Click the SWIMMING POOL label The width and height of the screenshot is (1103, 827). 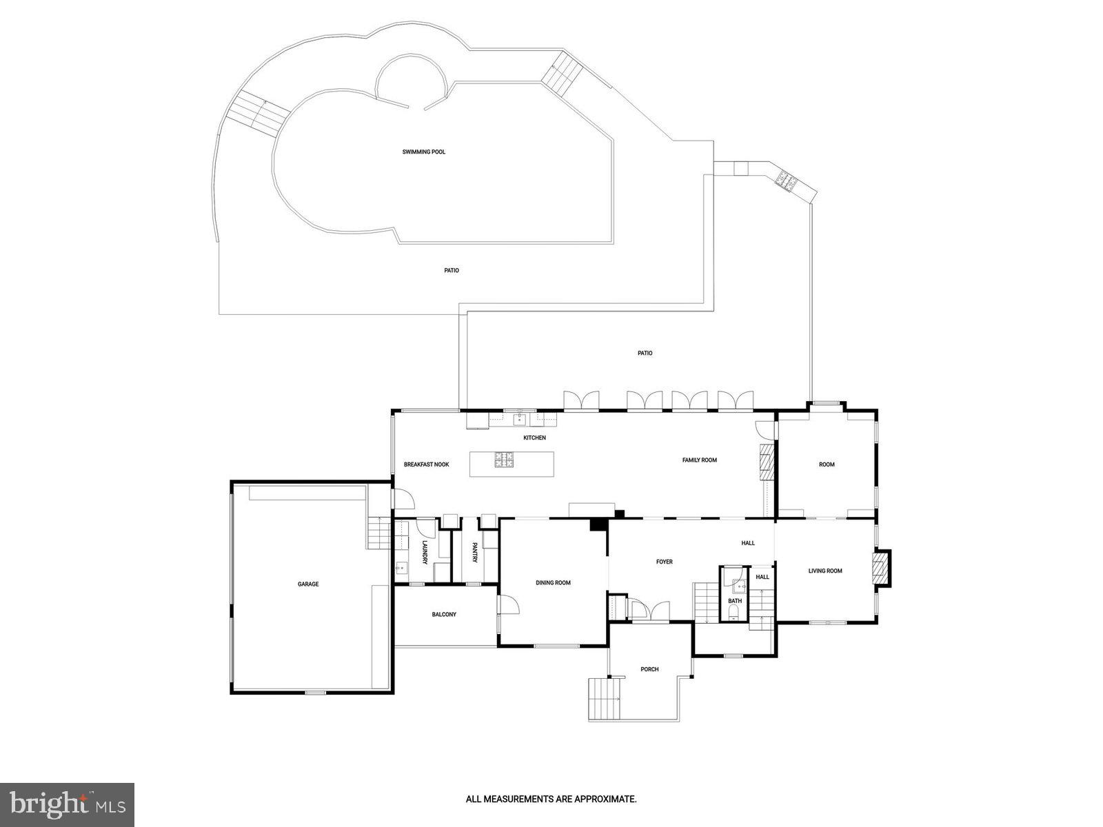coord(424,152)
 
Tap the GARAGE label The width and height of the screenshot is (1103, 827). coord(308,584)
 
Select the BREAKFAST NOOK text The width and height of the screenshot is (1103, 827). coord(426,464)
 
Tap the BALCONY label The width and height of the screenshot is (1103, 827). coord(444,615)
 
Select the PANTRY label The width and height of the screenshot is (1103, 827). coord(475,553)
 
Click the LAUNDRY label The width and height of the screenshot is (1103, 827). coord(425,553)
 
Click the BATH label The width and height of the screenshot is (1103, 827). coord(735,601)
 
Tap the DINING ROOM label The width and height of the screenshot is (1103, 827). coord(553,583)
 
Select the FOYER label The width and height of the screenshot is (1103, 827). coord(664,562)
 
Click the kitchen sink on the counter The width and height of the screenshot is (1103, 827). coord(519,420)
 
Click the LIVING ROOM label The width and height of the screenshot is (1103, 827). coord(825,571)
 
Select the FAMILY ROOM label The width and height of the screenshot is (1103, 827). coord(700,460)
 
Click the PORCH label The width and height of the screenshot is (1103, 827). coord(649,669)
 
